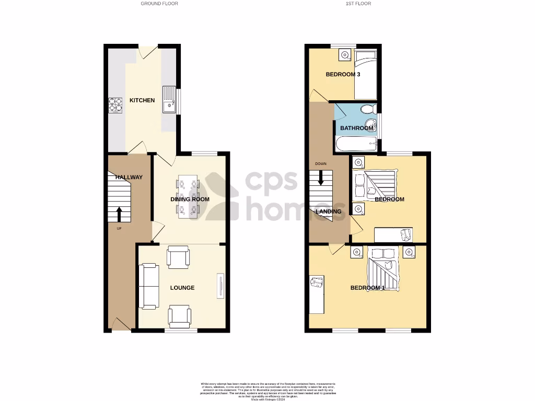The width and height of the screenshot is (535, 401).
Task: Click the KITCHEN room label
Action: coord(142,100)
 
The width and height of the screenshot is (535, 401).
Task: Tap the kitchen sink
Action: coord(169,100)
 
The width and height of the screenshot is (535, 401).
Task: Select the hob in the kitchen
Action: coord(115,105)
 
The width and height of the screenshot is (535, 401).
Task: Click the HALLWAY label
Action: coord(129,178)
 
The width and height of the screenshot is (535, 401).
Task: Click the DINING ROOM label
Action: coord(190,199)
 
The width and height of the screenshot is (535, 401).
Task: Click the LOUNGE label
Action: coord(182,288)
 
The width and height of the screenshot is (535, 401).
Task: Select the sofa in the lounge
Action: coord(148,286)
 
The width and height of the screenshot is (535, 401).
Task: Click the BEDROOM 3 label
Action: coord(343,75)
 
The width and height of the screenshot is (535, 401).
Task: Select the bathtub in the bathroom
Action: coord(356,144)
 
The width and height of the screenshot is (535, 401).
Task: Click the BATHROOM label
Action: coord(357,128)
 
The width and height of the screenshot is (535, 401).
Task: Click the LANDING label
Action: coord(329,211)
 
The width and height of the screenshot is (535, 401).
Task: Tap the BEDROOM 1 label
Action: coord(367,288)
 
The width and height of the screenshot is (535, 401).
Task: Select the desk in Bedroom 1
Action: coord(316,294)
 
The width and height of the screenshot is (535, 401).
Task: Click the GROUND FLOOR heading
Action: coord(159,4)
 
